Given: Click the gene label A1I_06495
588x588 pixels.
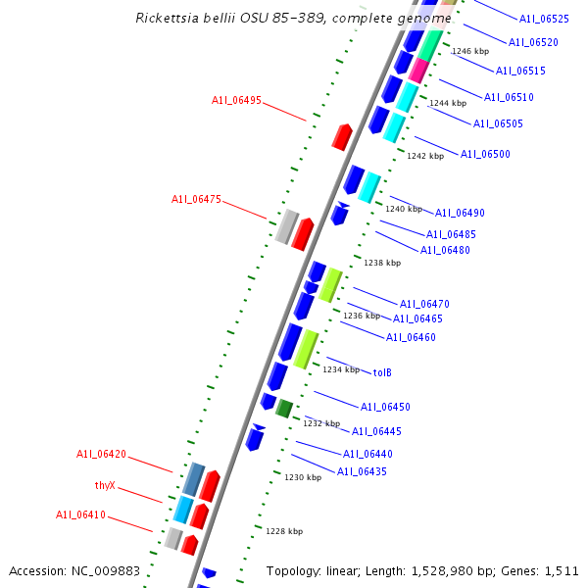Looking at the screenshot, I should pyautogui.click(x=236, y=100).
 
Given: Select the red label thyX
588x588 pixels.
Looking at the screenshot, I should pyautogui.click(x=105, y=485).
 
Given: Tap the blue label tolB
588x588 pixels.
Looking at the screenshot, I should pyautogui.click(x=382, y=372).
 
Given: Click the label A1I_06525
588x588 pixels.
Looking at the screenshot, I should pyautogui.click(x=544, y=19).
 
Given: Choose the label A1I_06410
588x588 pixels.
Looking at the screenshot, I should pyautogui.click(x=80, y=514).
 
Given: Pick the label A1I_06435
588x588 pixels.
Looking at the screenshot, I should pyautogui.click(x=362, y=471).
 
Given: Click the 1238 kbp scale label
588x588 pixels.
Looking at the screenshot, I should pyautogui.click(x=382, y=263).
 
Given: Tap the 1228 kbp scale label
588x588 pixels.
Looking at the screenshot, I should pyautogui.click(x=284, y=531).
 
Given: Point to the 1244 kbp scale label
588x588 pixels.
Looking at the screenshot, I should pyautogui.click(x=448, y=103).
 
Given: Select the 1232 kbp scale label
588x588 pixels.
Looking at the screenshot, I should pyautogui.click(x=321, y=423).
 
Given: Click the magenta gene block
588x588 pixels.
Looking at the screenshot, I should pyautogui.click(x=418, y=71).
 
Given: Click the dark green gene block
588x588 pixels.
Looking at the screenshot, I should pyautogui.click(x=284, y=408).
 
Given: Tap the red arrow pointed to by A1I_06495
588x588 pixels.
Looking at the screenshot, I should pyautogui.click(x=341, y=136).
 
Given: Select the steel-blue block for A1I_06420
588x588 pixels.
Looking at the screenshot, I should pyautogui.click(x=193, y=479).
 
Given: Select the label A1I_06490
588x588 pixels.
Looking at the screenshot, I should pyautogui.click(x=460, y=213).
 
